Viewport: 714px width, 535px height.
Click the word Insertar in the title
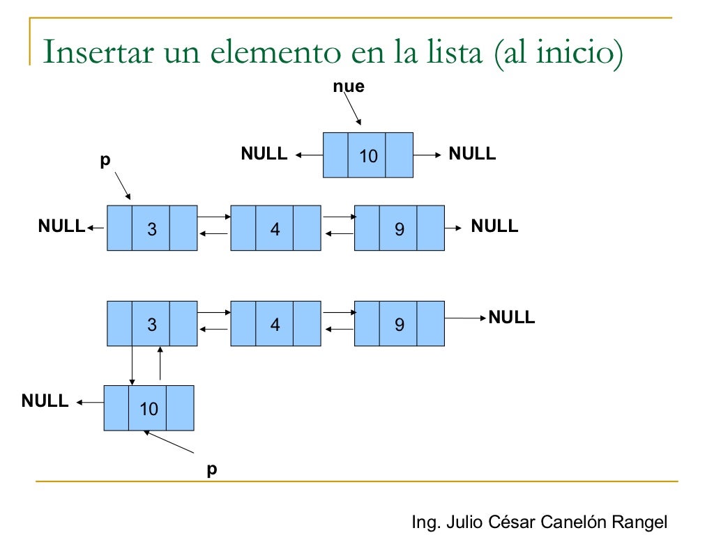coord(93,54)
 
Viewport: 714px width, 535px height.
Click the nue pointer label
coord(348,87)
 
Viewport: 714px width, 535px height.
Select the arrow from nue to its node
coord(353,111)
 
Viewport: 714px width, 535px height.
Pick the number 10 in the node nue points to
coord(368,156)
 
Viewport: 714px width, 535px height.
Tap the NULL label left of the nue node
coord(264,154)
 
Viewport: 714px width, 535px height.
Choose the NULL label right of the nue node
coord(472,154)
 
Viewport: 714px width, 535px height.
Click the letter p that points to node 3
coord(105,160)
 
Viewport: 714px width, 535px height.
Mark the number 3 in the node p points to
coord(152,228)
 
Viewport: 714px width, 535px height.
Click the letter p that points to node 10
coord(212,469)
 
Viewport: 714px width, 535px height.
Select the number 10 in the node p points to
coord(149,409)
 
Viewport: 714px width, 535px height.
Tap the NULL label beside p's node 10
coord(45,401)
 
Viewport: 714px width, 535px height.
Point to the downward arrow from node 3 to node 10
coord(132,366)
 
